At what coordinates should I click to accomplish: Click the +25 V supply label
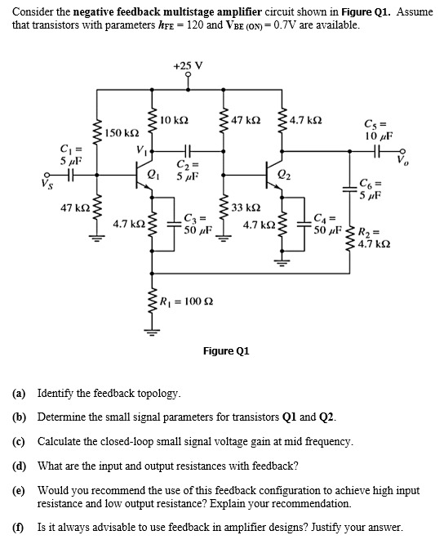point(188,65)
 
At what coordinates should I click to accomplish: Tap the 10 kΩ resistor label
point(175,120)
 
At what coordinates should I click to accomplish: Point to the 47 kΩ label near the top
point(246,120)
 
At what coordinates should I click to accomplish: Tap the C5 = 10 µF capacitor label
point(377,131)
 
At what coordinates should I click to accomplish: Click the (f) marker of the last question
point(18,527)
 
